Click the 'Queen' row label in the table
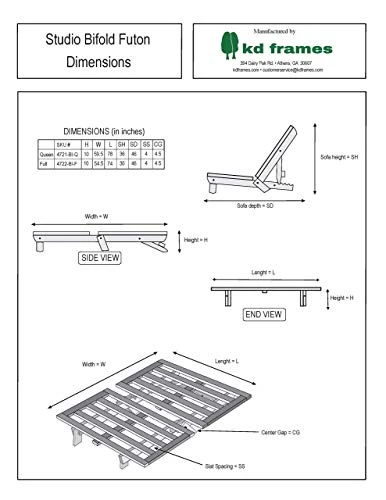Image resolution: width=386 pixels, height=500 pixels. coord(46,153)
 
